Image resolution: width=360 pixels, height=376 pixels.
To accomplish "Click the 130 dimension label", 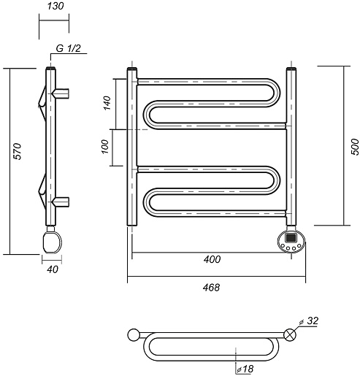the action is coord(55,6).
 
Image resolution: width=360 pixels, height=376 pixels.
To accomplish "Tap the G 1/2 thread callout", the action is coord(68,48).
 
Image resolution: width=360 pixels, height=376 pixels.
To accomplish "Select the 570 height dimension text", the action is coord(18,151).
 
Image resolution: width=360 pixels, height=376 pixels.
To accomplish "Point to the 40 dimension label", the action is coord(53,269).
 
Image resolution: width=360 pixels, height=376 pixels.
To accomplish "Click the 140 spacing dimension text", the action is coord(107,103).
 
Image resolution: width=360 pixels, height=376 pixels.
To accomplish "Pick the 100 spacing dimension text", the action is coord(104,147).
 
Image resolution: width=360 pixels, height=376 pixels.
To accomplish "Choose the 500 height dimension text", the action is coord(355,147).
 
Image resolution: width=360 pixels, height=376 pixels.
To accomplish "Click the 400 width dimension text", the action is coord(212,259).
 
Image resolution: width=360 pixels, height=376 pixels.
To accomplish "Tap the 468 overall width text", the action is coord(211,288).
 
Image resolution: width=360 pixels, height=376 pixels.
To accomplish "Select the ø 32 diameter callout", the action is coord(309,321).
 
